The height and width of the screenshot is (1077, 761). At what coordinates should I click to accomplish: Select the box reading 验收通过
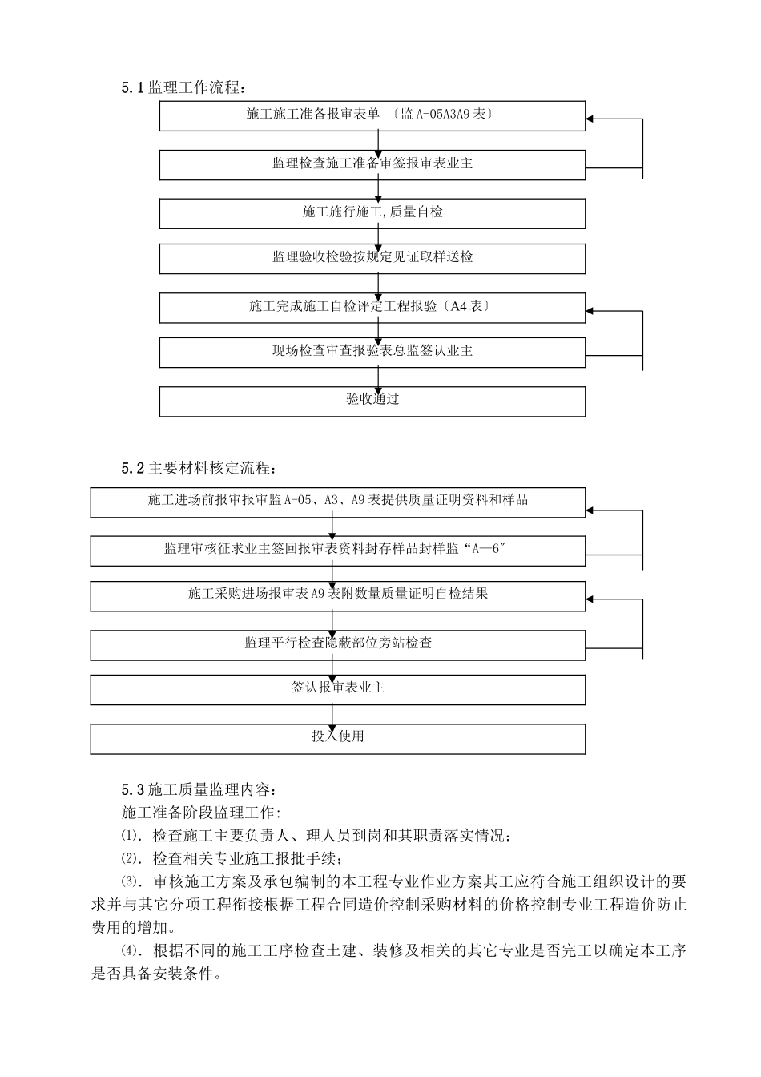point(372,400)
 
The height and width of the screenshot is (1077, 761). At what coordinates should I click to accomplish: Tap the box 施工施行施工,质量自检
point(372,212)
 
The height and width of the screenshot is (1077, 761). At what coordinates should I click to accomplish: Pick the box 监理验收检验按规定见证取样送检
point(372,258)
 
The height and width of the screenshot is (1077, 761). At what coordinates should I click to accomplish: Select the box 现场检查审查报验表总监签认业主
point(372,352)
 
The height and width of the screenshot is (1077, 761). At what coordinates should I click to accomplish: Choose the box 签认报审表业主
point(337,688)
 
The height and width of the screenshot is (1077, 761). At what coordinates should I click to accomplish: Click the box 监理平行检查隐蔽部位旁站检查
point(337,643)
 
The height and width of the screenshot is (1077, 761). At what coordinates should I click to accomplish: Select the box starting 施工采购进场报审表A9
point(337,595)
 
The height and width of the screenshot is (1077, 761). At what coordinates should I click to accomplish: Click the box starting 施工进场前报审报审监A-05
point(337,501)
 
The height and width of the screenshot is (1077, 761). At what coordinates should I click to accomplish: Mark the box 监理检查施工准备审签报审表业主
point(372,163)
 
